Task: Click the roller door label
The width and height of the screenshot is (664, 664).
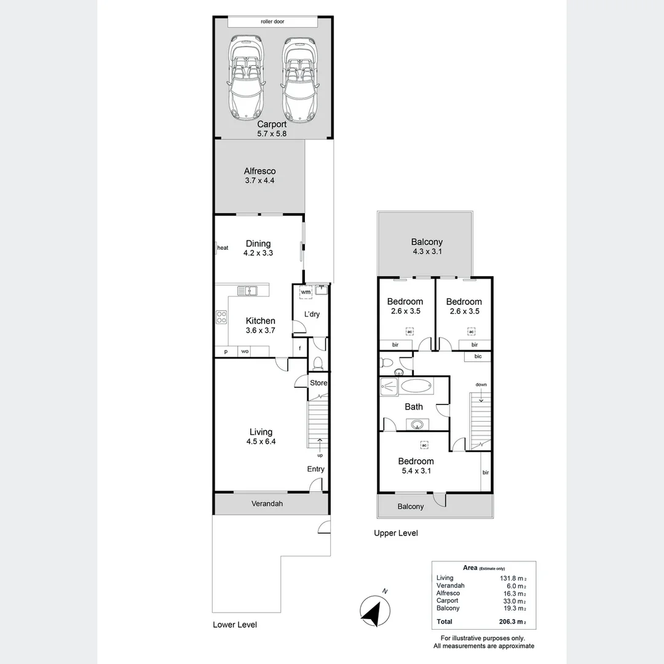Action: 272,22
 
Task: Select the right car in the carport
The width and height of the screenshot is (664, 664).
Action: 299,78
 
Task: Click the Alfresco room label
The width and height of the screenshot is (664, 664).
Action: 259,171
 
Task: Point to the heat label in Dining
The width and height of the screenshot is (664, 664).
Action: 223,248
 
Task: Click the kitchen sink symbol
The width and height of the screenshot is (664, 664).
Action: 247,291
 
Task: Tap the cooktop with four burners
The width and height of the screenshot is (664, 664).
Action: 221,317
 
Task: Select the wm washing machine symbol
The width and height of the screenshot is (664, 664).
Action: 306,292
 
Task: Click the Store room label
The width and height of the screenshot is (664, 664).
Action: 318,383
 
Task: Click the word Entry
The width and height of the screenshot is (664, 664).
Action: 316,468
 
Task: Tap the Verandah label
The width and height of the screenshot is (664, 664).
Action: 267,504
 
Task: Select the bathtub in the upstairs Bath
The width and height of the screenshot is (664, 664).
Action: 416,386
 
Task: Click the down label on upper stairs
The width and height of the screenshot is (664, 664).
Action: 481,384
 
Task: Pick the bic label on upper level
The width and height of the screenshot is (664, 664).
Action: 478,356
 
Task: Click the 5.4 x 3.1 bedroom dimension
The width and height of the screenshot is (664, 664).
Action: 416,470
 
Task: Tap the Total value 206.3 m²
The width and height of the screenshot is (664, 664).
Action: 512,622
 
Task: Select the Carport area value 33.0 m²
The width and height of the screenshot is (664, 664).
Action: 515,601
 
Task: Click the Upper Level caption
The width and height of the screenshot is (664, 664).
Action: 396,533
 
